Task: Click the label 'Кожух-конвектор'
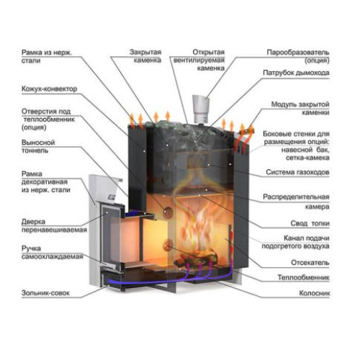pos(50,89)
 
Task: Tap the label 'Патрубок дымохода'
pos(296,73)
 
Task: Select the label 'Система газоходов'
pos(297,172)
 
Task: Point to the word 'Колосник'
pos(315,293)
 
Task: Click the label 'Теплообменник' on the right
pos(303,278)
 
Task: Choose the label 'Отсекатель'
pos(310,263)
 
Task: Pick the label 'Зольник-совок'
pos(45,293)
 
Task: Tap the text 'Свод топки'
pos(310,223)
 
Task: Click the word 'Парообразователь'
pos(298,52)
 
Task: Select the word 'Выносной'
pos(38,143)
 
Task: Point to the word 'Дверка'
pos(33,222)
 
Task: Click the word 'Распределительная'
pos(296,197)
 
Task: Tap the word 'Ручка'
pos(31,248)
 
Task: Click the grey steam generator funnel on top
pos(201,109)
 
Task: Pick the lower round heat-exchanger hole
pos(168,244)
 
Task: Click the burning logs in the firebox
pos(196,258)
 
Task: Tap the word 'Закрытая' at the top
pos(145,52)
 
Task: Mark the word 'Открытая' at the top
pos(209,52)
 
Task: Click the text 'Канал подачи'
pos(307,238)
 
